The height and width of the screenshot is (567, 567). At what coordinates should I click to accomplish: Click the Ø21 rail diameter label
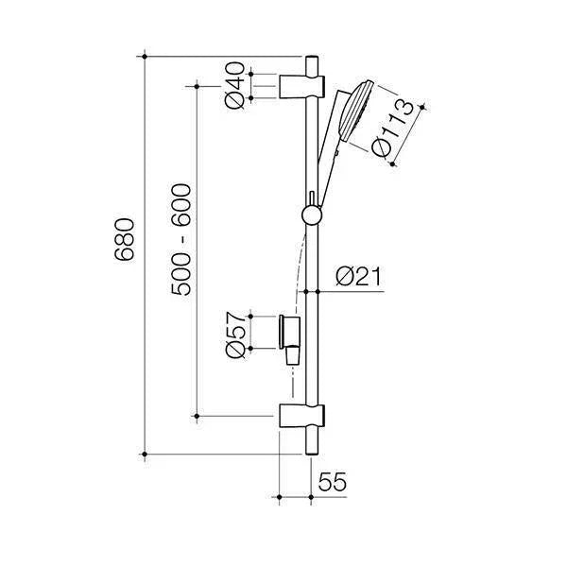click(359, 277)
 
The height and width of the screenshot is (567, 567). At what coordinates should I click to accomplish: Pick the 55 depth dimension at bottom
click(332, 482)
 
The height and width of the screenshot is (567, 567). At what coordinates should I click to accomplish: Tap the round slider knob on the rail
click(310, 215)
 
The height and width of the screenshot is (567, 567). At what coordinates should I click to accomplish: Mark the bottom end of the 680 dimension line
click(145, 455)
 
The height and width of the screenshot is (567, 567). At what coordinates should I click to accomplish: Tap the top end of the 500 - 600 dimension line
click(197, 85)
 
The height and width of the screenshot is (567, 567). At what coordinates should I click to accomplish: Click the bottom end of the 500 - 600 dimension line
click(197, 414)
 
